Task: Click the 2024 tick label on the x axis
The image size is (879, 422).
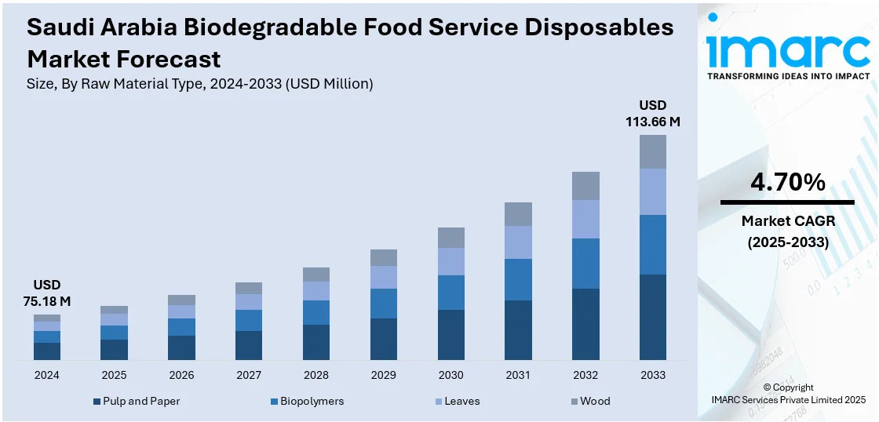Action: [x=46, y=375]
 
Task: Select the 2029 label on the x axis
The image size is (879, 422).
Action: [x=384, y=375]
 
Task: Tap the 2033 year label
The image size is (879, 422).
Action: [x=652, y=375]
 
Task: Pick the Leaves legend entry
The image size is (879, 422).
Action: [x=461, y=401]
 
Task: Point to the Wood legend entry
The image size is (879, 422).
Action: [x=594, y=401]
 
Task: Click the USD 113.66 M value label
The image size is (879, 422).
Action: [x=652, y=114]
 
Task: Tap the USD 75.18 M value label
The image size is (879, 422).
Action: [x=46, y=293]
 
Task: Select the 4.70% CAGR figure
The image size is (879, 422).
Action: [x=787, y=183]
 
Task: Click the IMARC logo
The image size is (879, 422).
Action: [x=787, y=49]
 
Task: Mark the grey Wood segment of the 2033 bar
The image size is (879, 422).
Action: [x=652, y=151]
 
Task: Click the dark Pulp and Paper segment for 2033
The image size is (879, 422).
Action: [x=652, y=317]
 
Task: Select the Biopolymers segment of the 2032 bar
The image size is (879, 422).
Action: [x=585, y=264]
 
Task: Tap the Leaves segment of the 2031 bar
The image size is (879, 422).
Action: [x=518, y=242]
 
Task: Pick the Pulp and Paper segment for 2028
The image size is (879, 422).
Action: [x=316, y=342]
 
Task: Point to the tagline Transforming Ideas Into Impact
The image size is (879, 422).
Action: [x=788, y=76]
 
